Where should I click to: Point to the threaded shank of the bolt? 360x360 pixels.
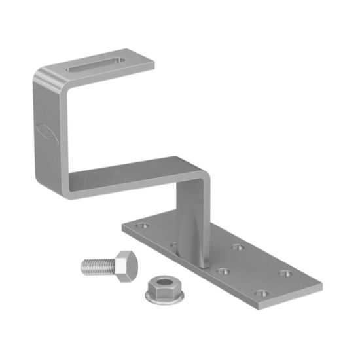tap(96, 265)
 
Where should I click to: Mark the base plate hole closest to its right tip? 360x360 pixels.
tap(285, 273)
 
